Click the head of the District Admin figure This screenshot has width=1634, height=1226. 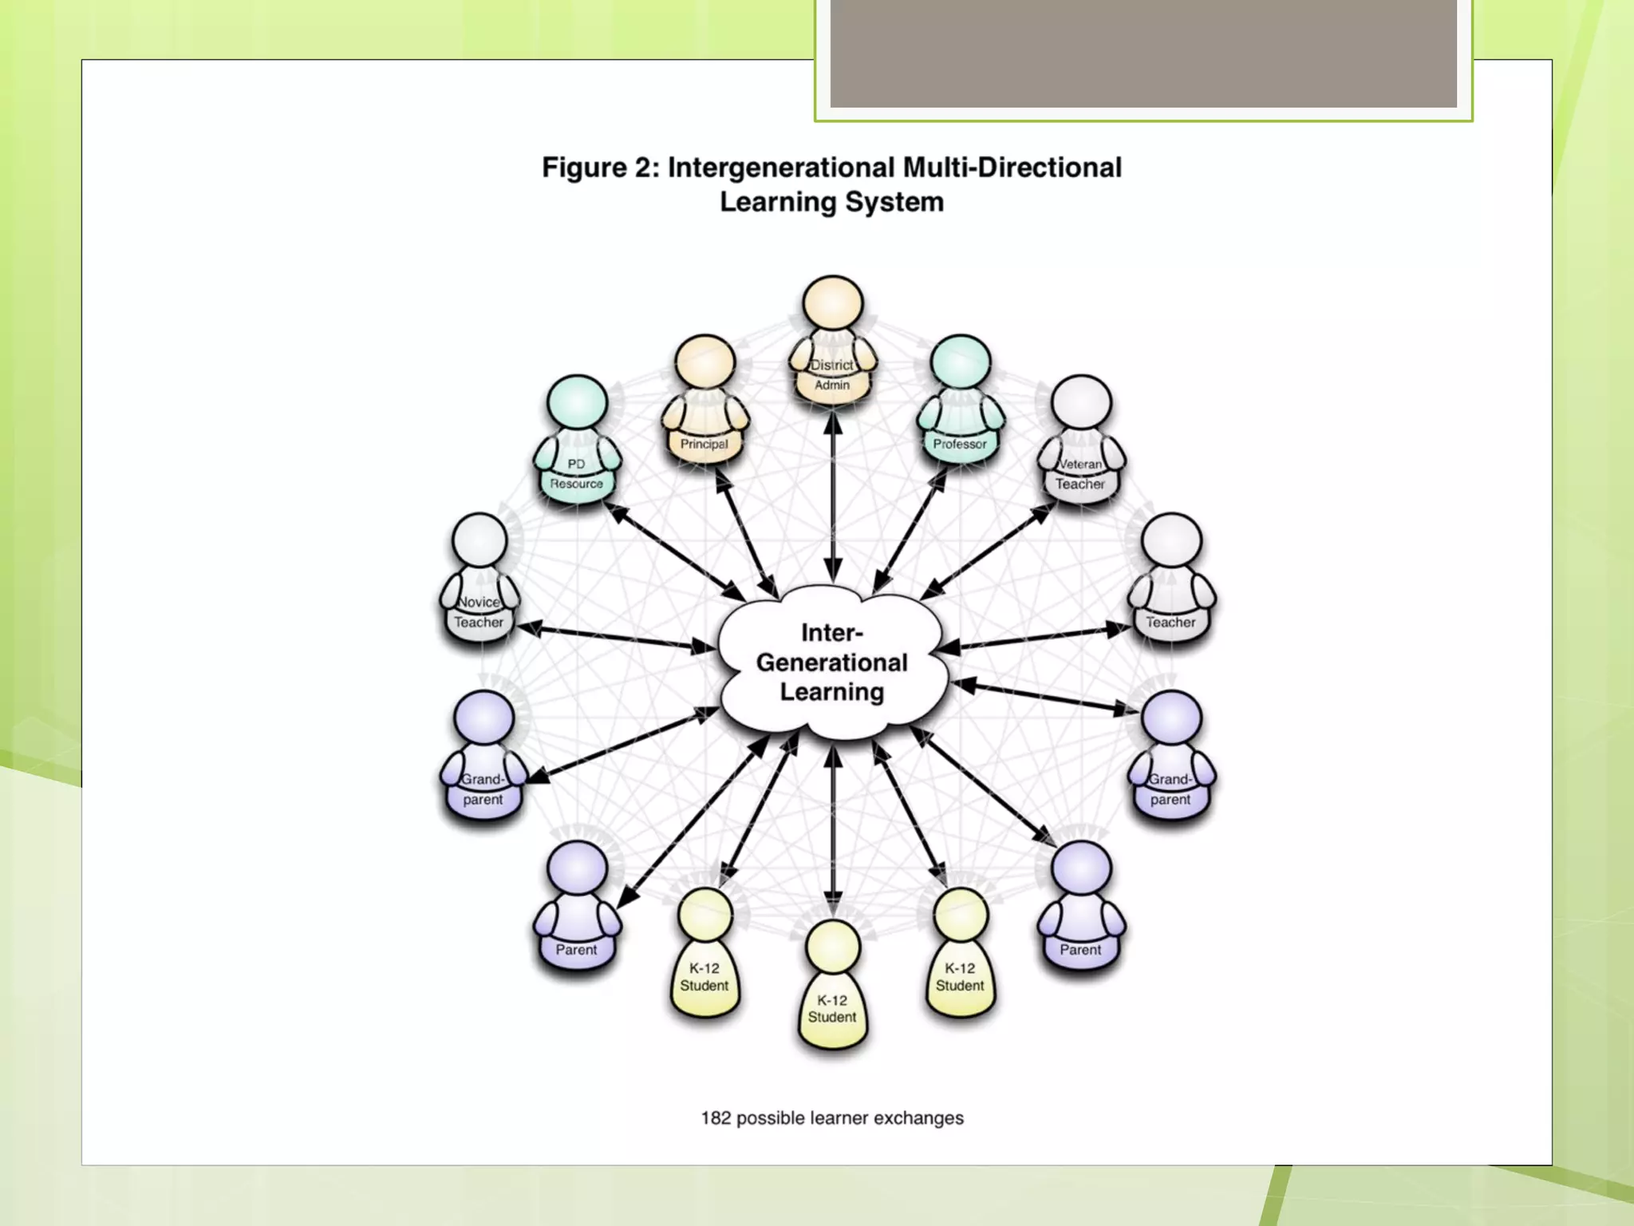(x=832, y=304)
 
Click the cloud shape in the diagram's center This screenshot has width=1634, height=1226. (x=832, y=662)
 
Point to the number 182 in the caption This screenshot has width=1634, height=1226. (x=716, y=1118)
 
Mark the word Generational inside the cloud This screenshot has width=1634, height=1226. (x=832, y=662)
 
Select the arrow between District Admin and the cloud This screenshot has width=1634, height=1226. (x=832, y=499)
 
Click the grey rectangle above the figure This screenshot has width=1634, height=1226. (x=1143, y=53)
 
